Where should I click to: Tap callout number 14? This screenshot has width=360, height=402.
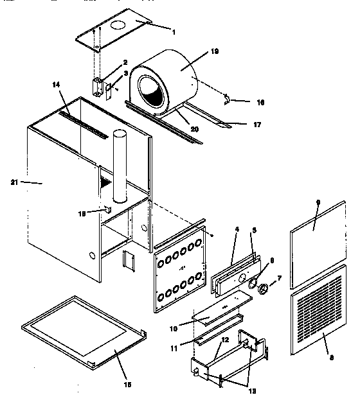pos(56,84)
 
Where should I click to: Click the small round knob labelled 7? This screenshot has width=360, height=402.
pos(263,288)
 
